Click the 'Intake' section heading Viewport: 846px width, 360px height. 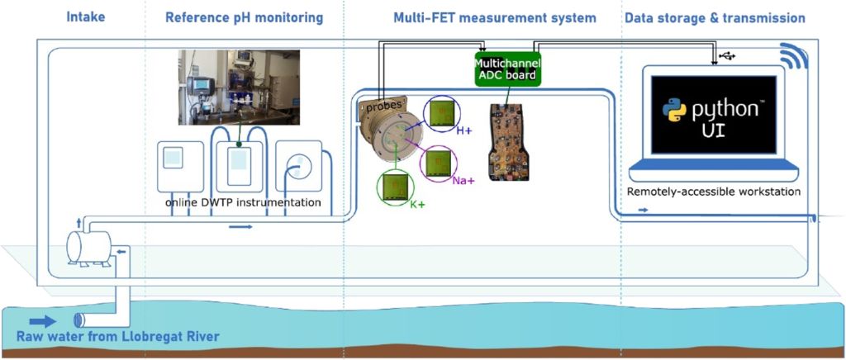pos(85,18)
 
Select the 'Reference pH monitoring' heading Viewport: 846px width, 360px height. pos(244,18)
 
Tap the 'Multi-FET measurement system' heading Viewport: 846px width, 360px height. pos(495,18)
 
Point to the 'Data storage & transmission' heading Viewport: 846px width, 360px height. pos(715,18)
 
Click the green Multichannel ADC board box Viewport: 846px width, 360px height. pos(507,69)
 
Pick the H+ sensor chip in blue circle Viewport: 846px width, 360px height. pos(442,114)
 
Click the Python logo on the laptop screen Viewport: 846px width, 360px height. pos(675,110)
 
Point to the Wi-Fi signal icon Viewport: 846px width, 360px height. pos(794,55)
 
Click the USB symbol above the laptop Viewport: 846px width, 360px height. pos(727,55)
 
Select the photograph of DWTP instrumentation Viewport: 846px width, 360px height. pos(239,87)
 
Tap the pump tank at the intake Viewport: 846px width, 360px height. pos(88,247)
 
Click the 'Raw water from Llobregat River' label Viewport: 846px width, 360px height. pos(118,338)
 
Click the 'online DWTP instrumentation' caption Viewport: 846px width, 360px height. pos(244,202)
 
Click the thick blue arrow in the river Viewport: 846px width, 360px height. pos(43,322)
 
